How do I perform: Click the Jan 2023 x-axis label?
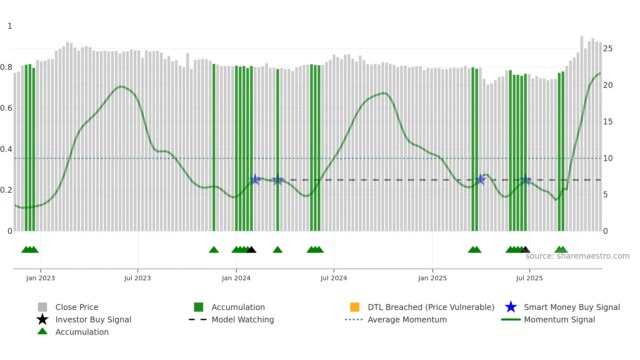point(40,278)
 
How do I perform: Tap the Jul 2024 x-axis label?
point(334,278)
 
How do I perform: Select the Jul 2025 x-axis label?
point(529,278)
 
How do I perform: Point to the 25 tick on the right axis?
point(608,49)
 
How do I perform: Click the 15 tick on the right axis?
point(608,122)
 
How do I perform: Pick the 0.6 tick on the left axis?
point(6,108)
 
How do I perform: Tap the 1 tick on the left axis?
point(10,26)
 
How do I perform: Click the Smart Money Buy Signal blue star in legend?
point(511,307)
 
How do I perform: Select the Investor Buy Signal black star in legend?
point(42,319)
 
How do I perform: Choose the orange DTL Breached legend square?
point(355,307)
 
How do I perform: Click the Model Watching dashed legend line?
point(198,319)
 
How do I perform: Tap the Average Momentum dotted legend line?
point(354,319)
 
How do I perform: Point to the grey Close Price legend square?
point(42,307)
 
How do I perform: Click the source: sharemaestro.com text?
point(577,256)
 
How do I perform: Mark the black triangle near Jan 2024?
point(251,250)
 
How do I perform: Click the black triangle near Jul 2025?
point(525,250)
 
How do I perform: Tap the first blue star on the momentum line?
point(255,179)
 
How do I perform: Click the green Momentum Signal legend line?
point(511,319)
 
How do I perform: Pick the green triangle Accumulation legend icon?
point(42,331)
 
